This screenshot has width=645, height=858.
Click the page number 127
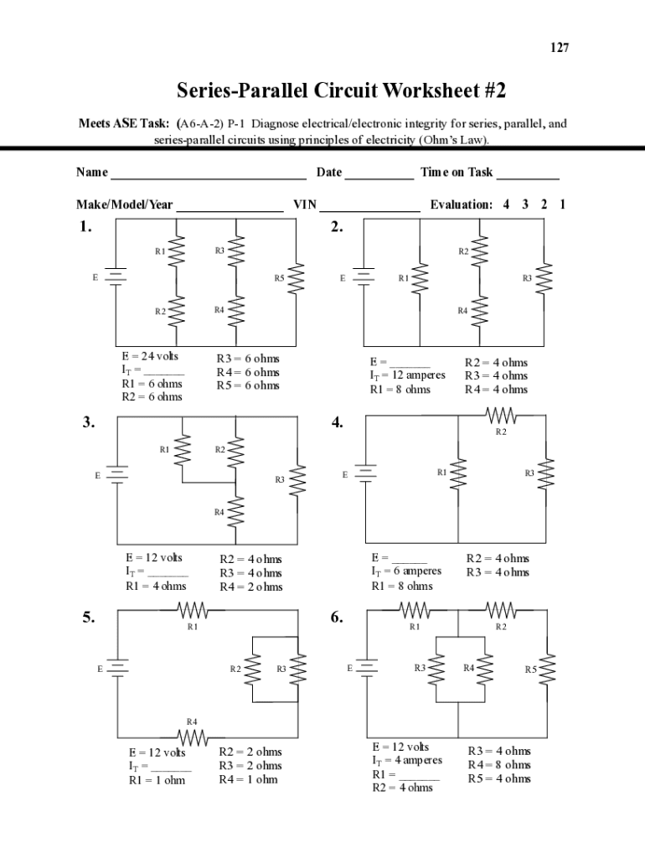click(x=560, y=48)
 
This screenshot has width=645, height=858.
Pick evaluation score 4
click(x=506, y=204)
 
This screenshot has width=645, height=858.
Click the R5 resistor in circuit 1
click(x=295, y=278)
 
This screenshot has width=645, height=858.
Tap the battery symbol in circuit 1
click(x=116, y=277)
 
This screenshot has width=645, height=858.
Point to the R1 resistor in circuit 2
click(x=421, y=278)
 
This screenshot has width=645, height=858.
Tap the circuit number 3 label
click(x=88, y=422)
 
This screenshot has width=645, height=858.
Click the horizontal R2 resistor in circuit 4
click(x=501, y=415)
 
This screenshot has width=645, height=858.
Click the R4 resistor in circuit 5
click(x=193, y=737)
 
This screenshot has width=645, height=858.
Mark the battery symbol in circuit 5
click(x=117, y=669)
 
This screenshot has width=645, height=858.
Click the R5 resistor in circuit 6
click(x=547, y=669)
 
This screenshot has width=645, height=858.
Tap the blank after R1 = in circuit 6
click(x=418, y=776)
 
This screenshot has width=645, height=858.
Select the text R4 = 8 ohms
click(x=498, y=765)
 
